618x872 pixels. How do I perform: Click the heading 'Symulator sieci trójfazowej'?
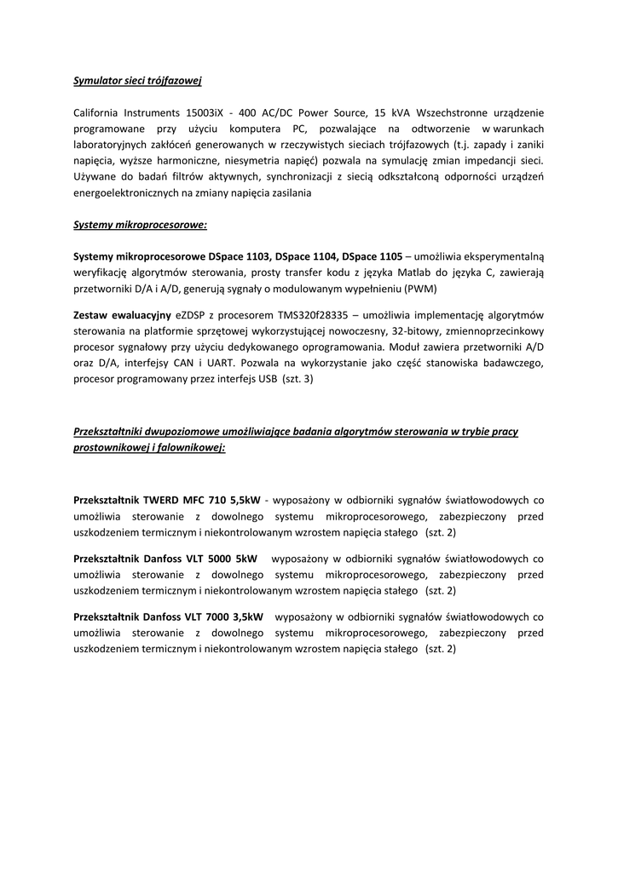(x=137, y=81)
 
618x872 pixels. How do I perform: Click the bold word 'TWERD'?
(x=162, y=500)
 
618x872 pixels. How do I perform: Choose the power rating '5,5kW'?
(x=245, y=500)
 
